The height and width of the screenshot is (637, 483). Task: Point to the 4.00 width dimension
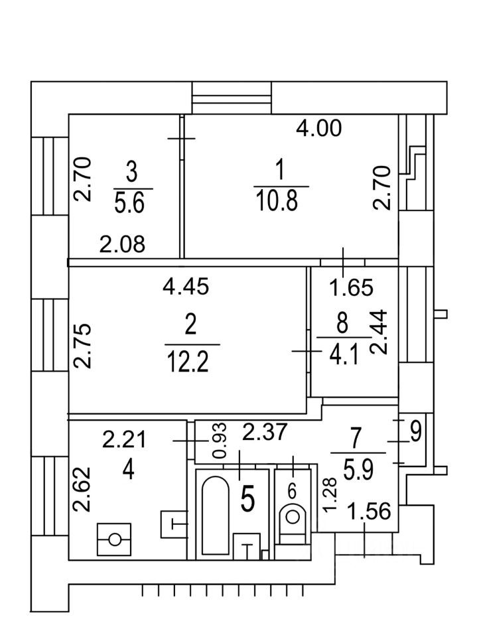pyautogui.click(x=319, y=127)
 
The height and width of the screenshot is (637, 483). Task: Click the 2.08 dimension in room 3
pyautogui.click(x=122, y=245)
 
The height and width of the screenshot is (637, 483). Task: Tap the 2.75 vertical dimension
pyautogui.click(x=82, y=346)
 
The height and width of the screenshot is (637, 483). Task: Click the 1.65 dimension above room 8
pyautogui.click(x=352, y=287)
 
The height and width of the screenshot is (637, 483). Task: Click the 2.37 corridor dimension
pyautogui.click(x=264, y=432)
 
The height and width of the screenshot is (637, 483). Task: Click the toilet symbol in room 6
pyautogui.click(x=292, y=516)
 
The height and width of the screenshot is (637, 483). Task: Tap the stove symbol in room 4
pyautogui.click(x=115, y=539)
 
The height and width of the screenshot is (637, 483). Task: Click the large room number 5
pyautogui.click(x=247, y=500)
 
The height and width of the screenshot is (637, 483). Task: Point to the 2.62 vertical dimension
pyautogui.click(x=82, y=488)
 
